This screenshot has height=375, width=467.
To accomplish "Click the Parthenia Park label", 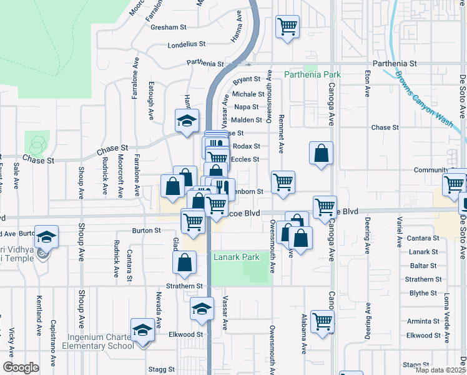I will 312,74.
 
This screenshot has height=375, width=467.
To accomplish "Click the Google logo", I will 21,367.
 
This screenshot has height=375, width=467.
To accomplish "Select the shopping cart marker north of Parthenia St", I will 287,27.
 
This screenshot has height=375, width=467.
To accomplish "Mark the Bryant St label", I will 247,80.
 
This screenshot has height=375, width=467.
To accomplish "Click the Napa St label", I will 247,107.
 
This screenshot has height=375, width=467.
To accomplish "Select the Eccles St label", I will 245,159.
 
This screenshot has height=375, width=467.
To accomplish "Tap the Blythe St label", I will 423,293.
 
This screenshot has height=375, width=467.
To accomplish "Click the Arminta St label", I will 423,321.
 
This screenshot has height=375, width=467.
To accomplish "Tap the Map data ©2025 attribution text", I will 441,370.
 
